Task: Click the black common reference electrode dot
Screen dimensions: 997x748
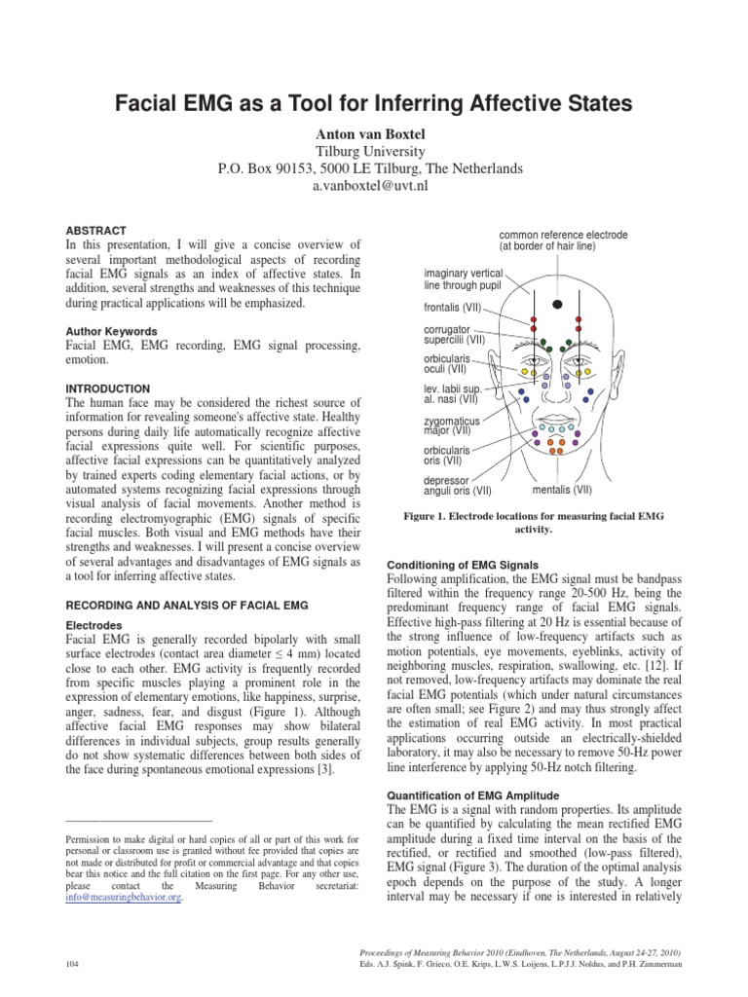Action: click(x=558, y=305)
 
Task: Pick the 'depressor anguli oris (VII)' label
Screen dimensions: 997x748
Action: click(x=458, y=485)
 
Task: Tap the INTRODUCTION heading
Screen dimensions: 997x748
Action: click(x=107, y=388)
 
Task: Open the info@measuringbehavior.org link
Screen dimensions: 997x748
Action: click(x=124, y=897)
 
